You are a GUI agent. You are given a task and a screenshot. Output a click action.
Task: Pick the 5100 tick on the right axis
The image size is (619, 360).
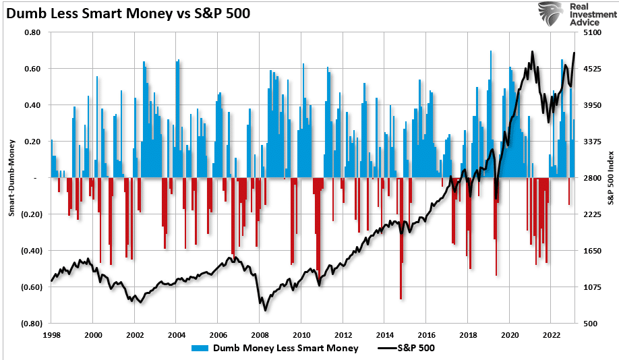tap(591, 32)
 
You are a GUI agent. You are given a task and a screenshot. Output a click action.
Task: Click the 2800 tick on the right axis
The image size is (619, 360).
tap(591, 178)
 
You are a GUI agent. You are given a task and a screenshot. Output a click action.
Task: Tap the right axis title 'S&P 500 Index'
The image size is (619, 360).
tap(610, 178)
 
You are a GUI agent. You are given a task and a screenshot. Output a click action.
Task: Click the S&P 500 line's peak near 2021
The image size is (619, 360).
tap(532, 52)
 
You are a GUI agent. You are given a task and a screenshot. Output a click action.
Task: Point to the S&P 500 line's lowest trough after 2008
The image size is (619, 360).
tap(265, 309)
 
